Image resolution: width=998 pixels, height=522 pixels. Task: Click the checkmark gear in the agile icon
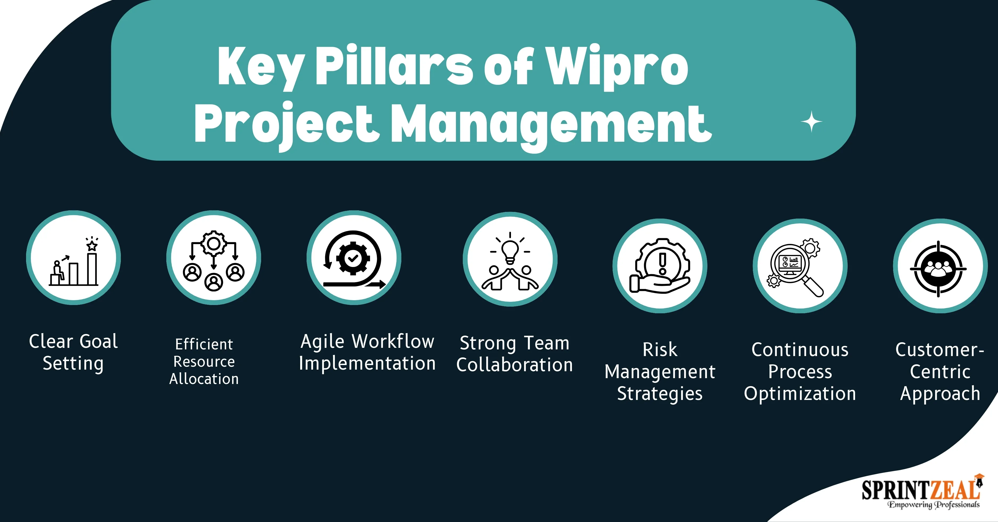click(x=353, y=258)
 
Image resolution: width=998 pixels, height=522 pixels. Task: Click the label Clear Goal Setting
click(x=73, y=352)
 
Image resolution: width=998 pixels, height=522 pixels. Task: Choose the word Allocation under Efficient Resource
click(x=204, y=379)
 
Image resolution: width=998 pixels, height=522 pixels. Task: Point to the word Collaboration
click(x=514, y=365)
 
